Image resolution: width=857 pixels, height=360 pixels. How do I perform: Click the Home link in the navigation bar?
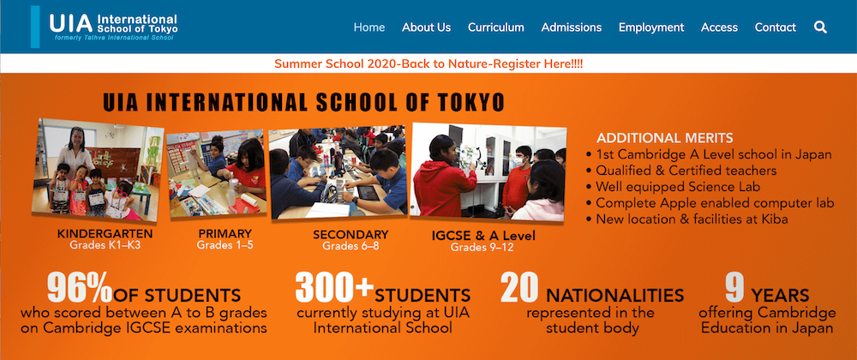369,27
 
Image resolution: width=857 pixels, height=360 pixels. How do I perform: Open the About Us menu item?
426,27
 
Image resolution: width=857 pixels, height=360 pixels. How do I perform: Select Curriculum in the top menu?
495,27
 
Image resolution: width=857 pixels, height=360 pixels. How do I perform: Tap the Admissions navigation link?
571,27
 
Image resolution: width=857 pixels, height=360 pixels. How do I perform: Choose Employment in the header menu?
651,27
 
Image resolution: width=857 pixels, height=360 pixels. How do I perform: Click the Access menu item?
719,27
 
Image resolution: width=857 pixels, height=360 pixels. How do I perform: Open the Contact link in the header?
775,27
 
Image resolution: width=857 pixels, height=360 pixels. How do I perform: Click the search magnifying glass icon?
820,27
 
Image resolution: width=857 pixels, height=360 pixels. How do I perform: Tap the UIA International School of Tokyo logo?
105,27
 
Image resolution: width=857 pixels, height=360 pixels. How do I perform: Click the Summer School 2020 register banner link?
428,63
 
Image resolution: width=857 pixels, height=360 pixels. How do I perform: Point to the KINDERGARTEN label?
105,234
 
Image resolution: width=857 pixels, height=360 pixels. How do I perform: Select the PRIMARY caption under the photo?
225,234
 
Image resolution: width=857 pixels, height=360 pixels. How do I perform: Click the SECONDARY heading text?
351,235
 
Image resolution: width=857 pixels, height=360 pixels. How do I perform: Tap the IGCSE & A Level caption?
483,237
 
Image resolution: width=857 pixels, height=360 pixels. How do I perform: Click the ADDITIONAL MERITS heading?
665,138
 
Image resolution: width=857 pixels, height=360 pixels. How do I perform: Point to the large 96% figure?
79,288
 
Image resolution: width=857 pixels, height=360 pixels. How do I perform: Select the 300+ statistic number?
334,287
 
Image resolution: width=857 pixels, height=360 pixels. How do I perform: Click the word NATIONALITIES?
614,296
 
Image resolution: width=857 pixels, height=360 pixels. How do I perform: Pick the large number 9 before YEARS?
734,288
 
